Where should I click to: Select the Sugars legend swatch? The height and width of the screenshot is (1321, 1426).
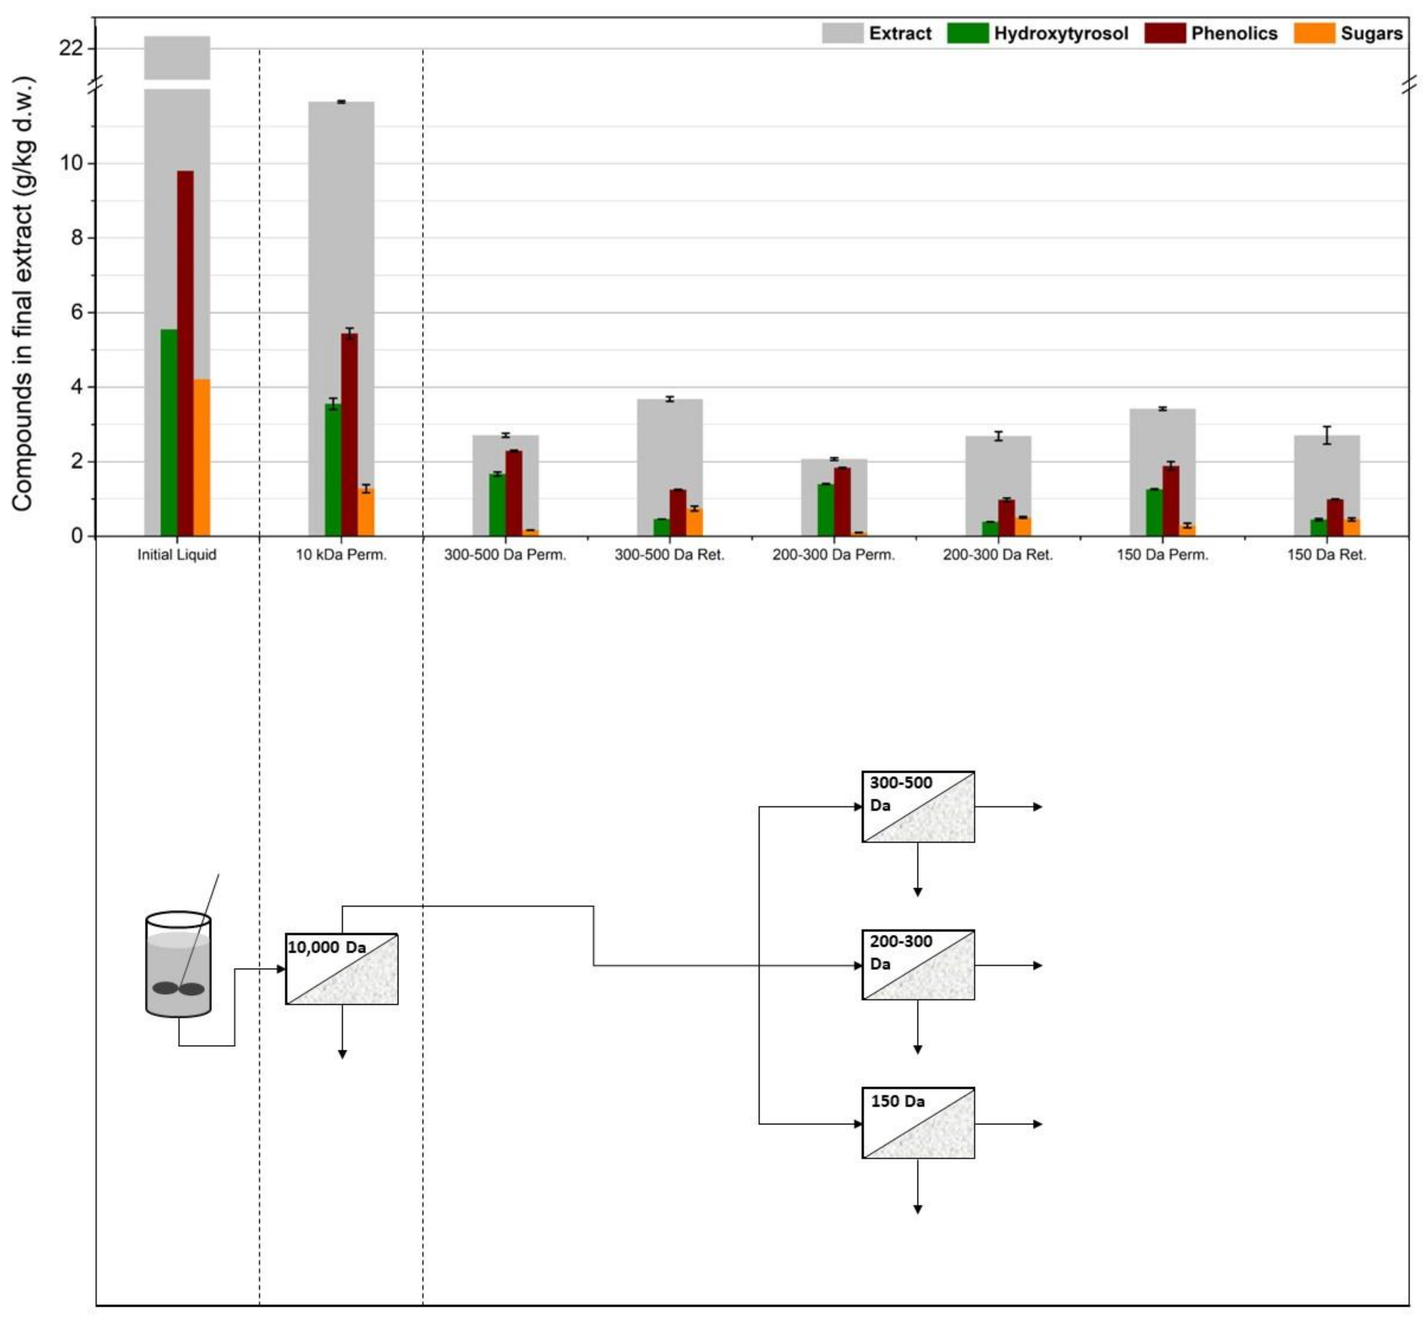tap(1314, 34)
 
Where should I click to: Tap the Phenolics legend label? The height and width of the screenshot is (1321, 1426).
tap(1234, 34)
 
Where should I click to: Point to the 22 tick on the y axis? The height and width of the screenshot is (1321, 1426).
tap(72, 48)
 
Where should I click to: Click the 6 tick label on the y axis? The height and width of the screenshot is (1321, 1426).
tap(77, 312)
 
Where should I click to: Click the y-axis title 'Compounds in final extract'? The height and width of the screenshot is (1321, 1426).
tap(22, 293)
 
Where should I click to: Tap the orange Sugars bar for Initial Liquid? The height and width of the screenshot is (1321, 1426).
tap(202, 458)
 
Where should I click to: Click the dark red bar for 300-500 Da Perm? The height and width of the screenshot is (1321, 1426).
tap(514, 493)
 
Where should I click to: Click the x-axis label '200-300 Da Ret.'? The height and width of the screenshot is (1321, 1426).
tap(997, 555)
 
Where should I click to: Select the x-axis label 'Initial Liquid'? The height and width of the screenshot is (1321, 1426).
tap(177, 555)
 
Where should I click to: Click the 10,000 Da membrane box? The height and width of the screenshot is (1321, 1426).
tap(342, 968)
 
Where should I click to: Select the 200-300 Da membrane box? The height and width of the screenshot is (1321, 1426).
tap(918, 964)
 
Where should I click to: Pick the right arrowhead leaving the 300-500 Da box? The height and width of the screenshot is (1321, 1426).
tap(1038, 807)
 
